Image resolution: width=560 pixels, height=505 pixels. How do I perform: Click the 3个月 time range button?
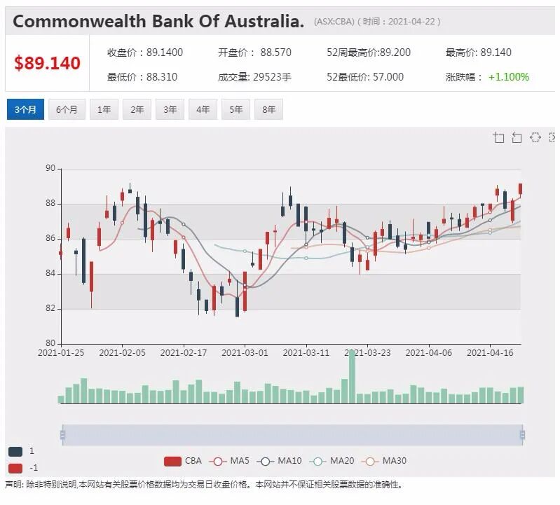(x=25, y=109)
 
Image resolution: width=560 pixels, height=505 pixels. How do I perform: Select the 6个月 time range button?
(x=67, y=109)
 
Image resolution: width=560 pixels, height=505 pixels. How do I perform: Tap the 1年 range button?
(x=104, y=109)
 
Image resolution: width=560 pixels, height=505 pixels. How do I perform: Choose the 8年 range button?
(x=268, y=109)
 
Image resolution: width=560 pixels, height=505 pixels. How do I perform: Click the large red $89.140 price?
(x=47, y=63)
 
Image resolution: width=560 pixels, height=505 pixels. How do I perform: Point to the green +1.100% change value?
(x=509, y=77)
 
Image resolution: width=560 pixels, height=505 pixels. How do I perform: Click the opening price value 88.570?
(x=275, y=53)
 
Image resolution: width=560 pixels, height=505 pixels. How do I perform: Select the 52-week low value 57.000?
(x=388, y=77)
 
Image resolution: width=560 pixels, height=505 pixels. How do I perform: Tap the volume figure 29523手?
(x=272, y=77)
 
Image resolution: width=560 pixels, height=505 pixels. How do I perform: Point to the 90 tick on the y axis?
(x=50, y=168)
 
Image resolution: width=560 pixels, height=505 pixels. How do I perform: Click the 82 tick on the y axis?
(x=50, y=308)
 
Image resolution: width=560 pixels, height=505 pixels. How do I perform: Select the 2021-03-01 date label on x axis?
(x=245, y=353)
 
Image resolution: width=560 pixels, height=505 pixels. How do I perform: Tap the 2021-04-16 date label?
(x=490, y=353)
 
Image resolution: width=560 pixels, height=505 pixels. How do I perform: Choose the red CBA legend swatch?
(x=172, y=461)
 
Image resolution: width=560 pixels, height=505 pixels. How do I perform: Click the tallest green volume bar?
(x=352, y=377)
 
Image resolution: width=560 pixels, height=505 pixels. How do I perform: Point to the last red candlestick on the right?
(x=520, y=189)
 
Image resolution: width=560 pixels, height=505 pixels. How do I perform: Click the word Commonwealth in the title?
(x=80, y=21)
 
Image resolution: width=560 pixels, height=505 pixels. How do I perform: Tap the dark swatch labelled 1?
(x=15, y=452)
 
